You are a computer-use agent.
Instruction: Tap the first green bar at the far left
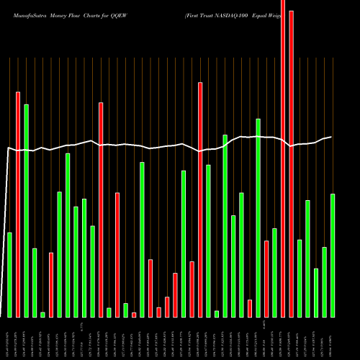point(9,274)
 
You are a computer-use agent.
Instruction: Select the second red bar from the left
point(51,284)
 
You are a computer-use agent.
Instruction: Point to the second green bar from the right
point(324,282)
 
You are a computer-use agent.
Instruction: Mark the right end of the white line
point(331,136)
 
